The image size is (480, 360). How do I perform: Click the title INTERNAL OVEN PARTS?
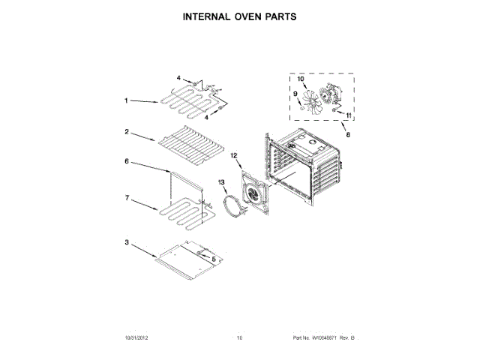click(240, 15)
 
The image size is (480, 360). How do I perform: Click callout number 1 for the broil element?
click(127, 100)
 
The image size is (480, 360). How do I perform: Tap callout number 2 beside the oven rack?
click(127, 131)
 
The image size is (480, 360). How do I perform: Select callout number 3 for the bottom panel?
click(127, 242)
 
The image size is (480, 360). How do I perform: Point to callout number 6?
click(127, 161)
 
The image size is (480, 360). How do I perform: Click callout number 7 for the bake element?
click(127, 198)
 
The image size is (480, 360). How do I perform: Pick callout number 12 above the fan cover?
click(233, 155)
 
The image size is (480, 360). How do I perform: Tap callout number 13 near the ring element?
click(221, 182)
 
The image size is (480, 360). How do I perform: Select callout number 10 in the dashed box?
click(301, 79)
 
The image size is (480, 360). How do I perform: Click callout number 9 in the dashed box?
click(295, 94)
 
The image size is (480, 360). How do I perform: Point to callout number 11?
click(347, 115)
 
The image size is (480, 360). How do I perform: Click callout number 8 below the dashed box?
click(346, 136)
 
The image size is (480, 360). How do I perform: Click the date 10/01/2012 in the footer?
click(131, 338)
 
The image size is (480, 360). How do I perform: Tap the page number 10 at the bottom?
click(240, 338)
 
